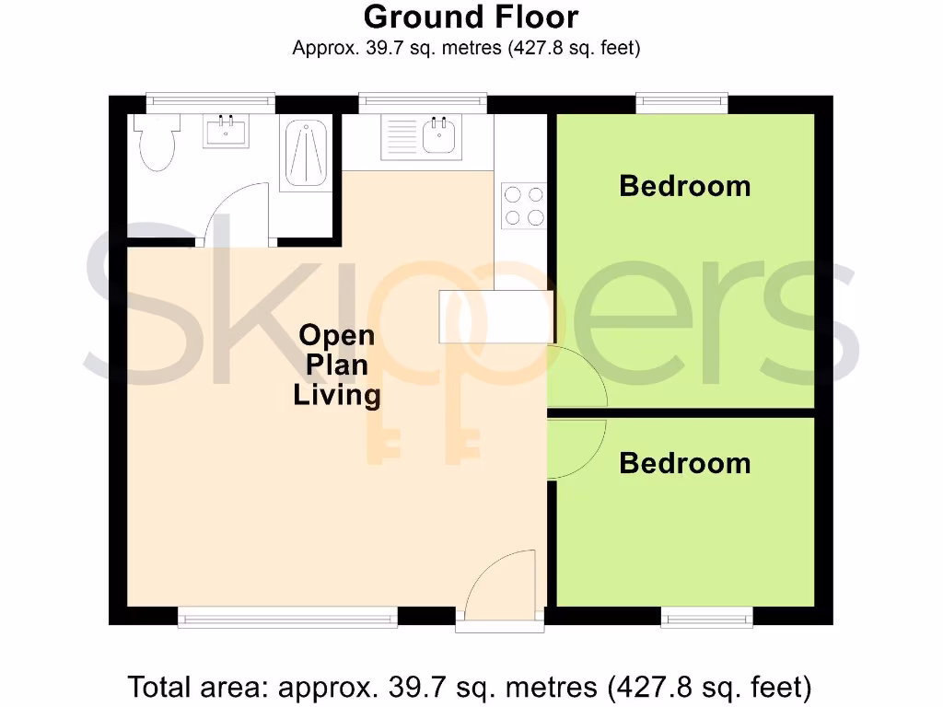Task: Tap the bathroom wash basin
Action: click(226, 132)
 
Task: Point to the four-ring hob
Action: click(522, 205)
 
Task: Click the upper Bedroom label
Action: click(684, 186)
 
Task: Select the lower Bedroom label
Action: click(684, 462)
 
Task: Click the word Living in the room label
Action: click(336, 396)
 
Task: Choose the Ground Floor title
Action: click(471, 17)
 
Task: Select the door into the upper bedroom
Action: click(575, 377)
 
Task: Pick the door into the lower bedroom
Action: click(575, 449)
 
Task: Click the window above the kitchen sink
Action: click(422, 101)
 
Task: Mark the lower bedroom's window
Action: click(706, 618)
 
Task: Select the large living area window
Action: click(287, 618)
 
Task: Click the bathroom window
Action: click(212, 101)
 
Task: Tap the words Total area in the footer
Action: click(197, 686)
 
